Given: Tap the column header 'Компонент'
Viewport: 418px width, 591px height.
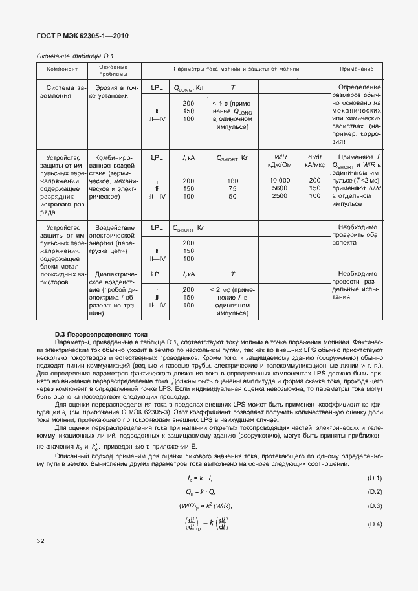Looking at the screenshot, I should pos(62,69).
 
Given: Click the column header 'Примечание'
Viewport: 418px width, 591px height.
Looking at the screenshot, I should pos(356,69).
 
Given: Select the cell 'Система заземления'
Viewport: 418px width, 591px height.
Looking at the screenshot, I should pos(62,91).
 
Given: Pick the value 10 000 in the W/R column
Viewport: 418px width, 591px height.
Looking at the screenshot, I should pos(280,180).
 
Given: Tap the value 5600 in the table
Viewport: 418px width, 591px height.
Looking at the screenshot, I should pos(280,188).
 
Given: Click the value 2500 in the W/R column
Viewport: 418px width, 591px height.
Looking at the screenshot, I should pos(280,195).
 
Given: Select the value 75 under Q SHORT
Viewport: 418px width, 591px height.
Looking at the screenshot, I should pos(232,188).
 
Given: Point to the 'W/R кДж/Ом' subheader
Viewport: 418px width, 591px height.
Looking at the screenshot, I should pos(280,161).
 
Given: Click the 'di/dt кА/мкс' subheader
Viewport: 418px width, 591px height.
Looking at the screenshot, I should pos(314,161).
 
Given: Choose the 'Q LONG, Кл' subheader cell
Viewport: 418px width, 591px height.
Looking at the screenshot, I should pos(188,87).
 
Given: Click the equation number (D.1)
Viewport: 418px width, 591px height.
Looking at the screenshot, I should pos(375,478).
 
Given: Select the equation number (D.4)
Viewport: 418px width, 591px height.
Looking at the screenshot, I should pos(375,523).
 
